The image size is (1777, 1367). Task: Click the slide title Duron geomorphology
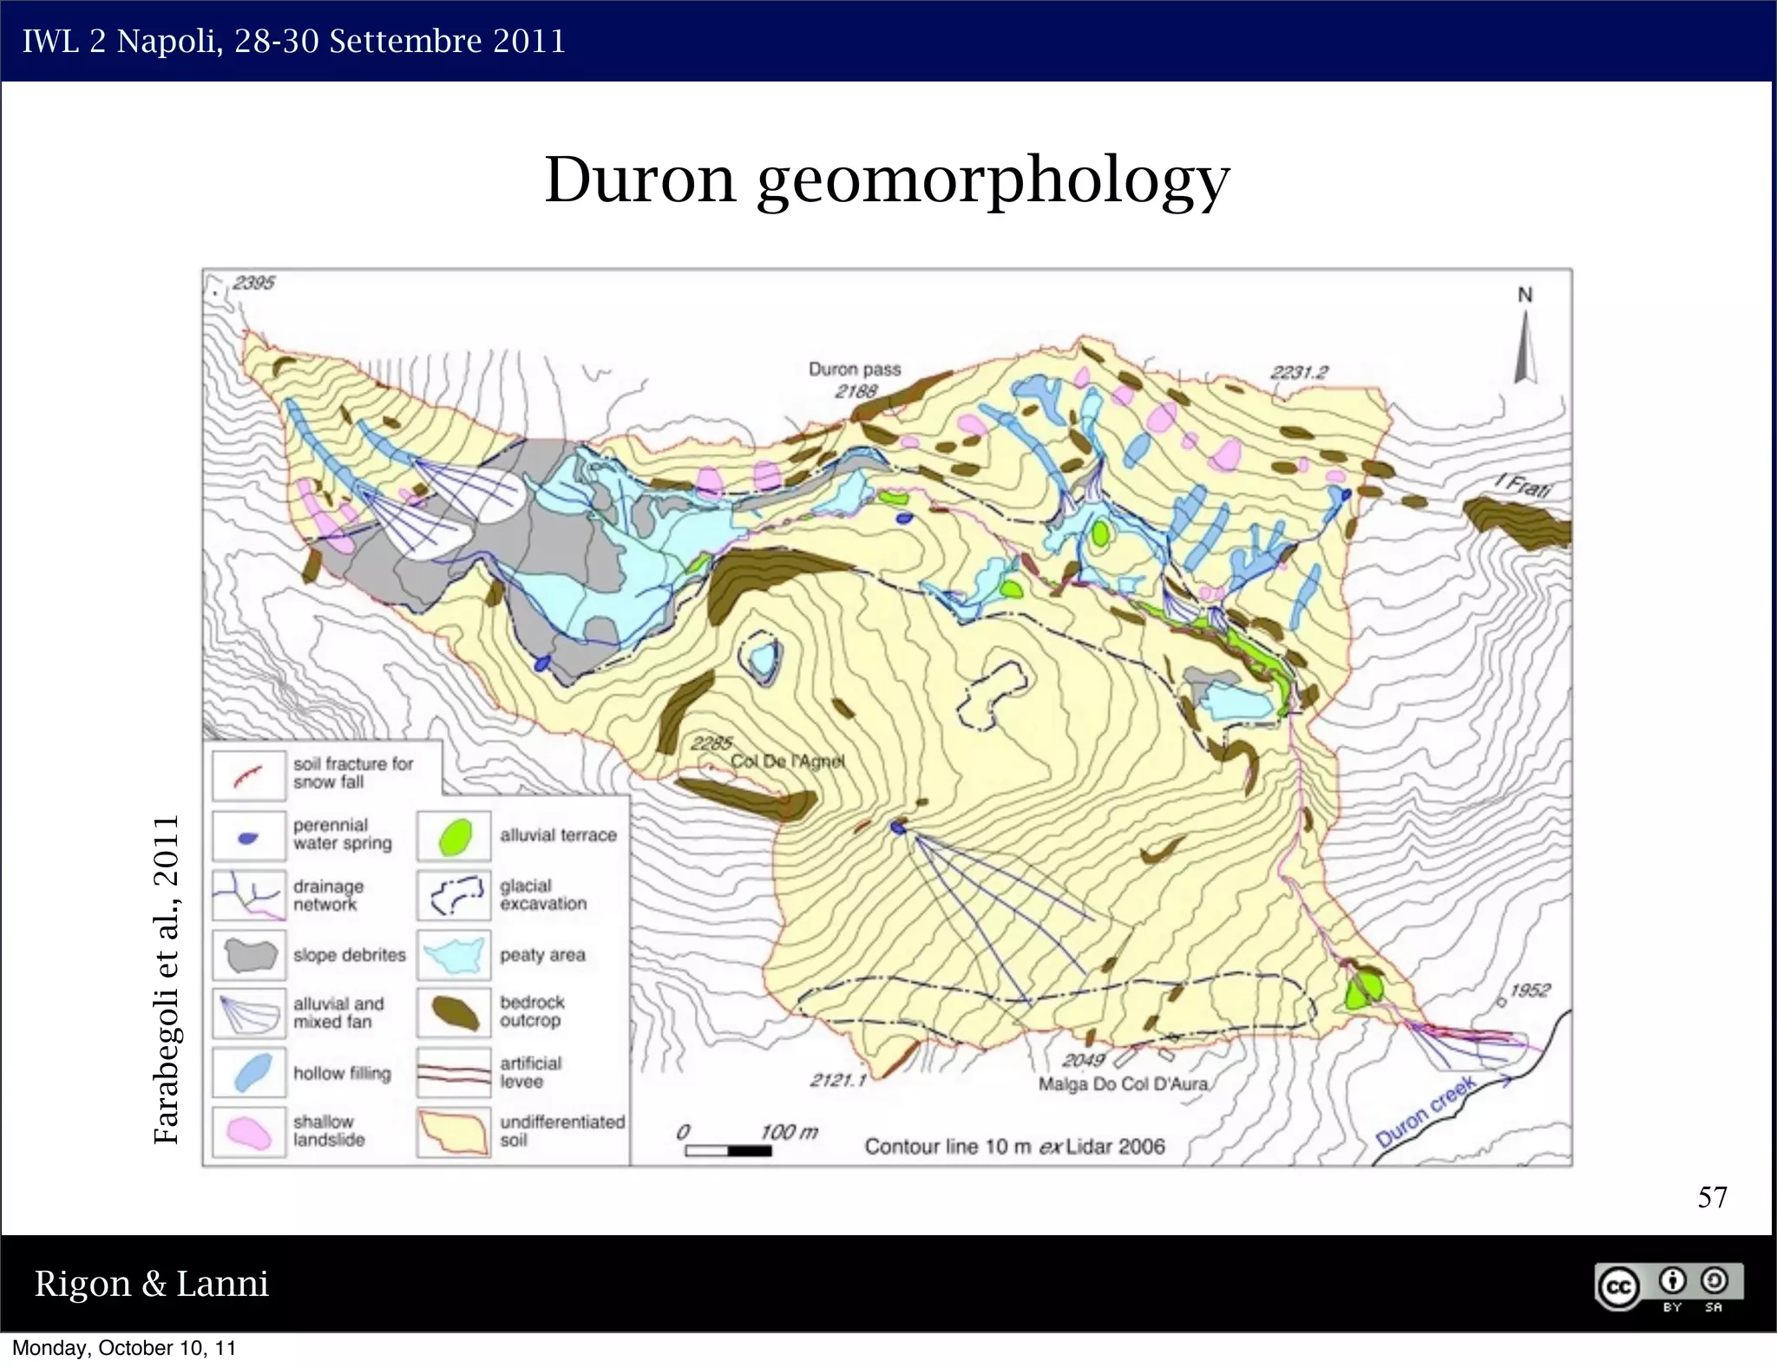click(x=887, y=180)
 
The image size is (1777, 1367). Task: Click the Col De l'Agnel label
click(x=787, y=762)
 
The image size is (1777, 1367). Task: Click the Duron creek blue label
click(x=1425, y=1111)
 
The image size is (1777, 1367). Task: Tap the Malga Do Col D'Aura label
click(x=1123, y=1084)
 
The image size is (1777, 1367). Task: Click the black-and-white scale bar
click(x=728, y=1151)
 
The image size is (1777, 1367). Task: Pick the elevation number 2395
click(x=253, y=283)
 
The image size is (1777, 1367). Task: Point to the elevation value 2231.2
click(x=1299, y=372)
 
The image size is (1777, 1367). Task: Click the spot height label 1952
click(x=1529, y=991)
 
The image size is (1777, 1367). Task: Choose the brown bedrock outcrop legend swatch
click(x=454, y=1012)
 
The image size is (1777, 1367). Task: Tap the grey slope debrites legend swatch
click(x=248, y=955)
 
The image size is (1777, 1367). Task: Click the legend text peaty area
click(x=542, y=956)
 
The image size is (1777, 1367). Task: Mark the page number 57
click(x=1712, y=1198)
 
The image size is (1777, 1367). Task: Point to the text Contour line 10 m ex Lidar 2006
click(x=1014, y=1147)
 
